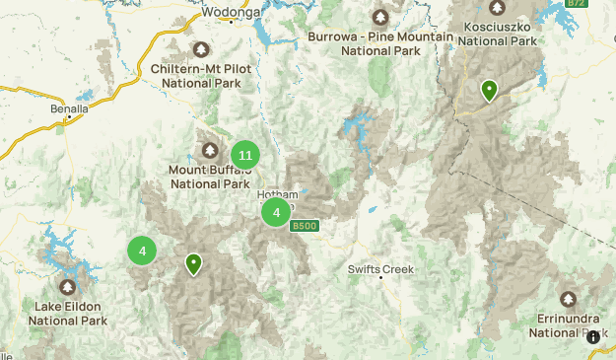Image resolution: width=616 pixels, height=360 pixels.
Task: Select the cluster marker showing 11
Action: coord(245,155)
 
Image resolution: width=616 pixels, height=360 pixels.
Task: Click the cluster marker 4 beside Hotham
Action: coord(276,212)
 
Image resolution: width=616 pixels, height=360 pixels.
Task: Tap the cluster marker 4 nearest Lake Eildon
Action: coord(142,251)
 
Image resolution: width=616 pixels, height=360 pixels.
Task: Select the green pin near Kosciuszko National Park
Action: coord(489,91)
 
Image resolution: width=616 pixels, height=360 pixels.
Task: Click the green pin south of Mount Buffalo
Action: coord(194,263)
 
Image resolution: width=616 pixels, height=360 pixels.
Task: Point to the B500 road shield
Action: coord(305,227)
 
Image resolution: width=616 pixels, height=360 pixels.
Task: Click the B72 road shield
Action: coord(576,4)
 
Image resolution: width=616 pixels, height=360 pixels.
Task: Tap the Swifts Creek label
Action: coord(381,269)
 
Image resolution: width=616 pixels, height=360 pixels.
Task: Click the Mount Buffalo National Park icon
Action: coord(209,150)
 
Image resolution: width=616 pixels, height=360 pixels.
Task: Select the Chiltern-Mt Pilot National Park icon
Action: coord(202,48)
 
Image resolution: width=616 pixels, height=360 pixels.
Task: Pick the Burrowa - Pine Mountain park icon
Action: coord(380,17)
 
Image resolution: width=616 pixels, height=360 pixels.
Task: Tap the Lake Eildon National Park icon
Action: coord(67,287)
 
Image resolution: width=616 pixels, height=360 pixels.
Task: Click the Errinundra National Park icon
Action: coord(569,299)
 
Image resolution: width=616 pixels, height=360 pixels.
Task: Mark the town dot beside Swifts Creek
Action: coord(381,279)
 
